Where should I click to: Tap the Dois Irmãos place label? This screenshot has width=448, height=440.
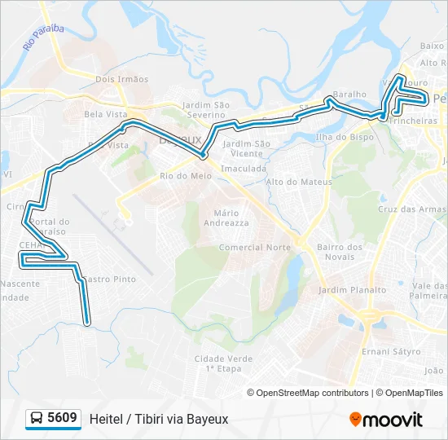point(122,79)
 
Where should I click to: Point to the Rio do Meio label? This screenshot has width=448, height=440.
point(186,176)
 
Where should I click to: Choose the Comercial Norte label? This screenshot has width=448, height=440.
point(255,247)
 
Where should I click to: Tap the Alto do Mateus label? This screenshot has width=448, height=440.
point(299,182)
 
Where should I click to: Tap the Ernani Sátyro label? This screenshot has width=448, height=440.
point(392,351)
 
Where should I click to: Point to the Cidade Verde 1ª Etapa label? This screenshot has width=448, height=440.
point(223,363)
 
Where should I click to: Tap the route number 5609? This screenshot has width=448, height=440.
point(63,419)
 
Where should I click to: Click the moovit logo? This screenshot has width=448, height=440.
point(386,420)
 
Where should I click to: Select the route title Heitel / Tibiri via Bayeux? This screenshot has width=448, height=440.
point(159,419)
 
